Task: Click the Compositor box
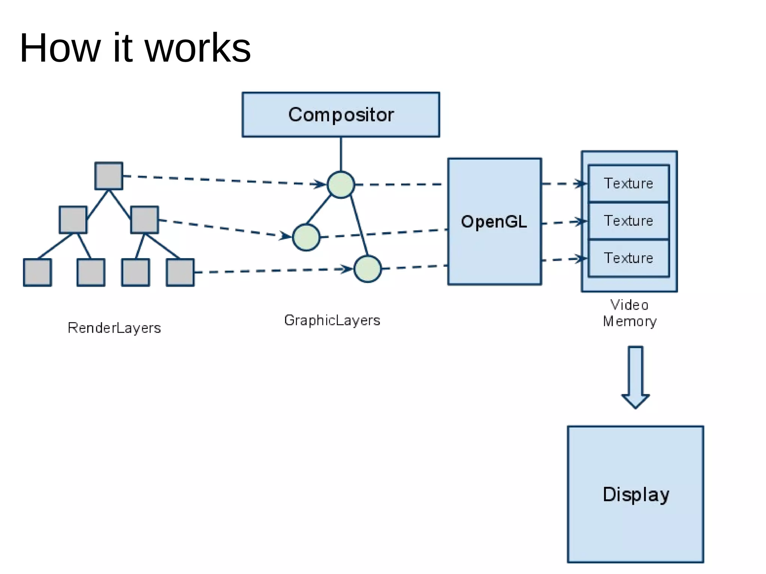[x=341, y=115]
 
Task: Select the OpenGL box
[x=494, y=222]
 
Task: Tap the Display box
[x=635, y=494]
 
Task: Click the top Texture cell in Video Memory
[x=629, y=183]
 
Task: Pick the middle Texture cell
[x=629, y=221]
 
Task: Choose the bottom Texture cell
[x=629, y=258]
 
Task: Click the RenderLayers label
[x=114, y=328]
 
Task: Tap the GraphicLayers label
[x=332, y=321]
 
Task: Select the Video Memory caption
[x=630, y=313]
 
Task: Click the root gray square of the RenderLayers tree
[x=109, y=176]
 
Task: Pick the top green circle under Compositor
[x=341, y=185]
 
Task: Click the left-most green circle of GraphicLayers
[x=306, y=237]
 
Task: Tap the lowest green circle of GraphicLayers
[x=368, y=269]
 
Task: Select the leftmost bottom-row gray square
[x=37, y=272]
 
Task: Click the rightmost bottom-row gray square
[x=180, y=272]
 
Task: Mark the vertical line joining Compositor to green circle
[x=341, y=154]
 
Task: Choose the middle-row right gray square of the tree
[x=145, y=220]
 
